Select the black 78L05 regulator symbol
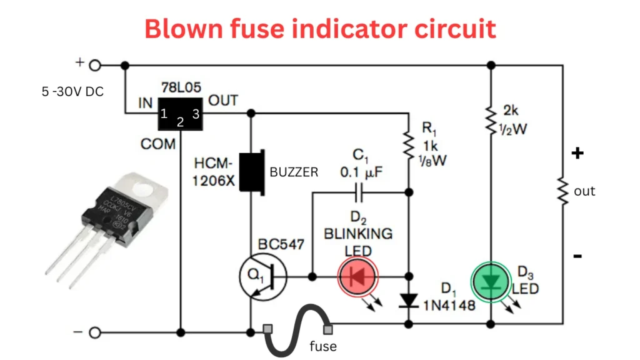click(x=180, y=114)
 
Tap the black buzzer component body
click(x=253, y=172)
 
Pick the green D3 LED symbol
click(x=491, y=282)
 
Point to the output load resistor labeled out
click(x=562, y=191)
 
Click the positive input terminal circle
click(x=95, y=64)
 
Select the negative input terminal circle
click(x=95, y=332)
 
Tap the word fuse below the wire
click(x=322, y=346)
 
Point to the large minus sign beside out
click(x=578, y=256)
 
